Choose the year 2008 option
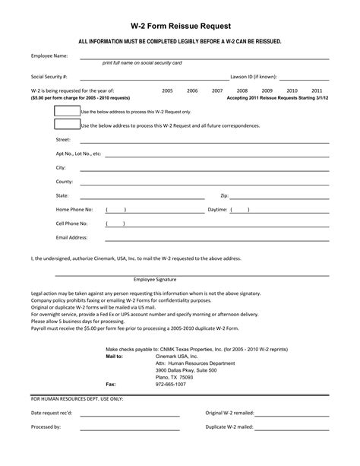point(243,90)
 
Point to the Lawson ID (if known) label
point(254,77)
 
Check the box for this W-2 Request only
point(67,111)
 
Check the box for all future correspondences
point(67,125)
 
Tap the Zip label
point(224,195)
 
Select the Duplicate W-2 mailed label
point(229,427)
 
